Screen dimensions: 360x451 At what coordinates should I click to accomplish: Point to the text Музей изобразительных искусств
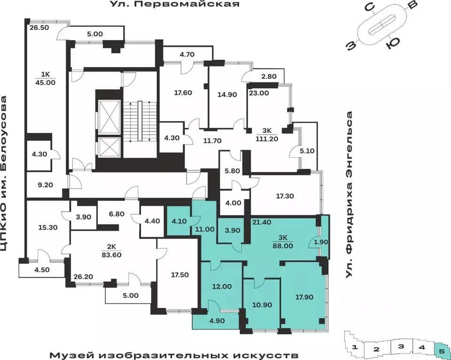coord(174,353)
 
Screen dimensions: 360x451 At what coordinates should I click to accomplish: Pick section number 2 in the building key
coord(376,349)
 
